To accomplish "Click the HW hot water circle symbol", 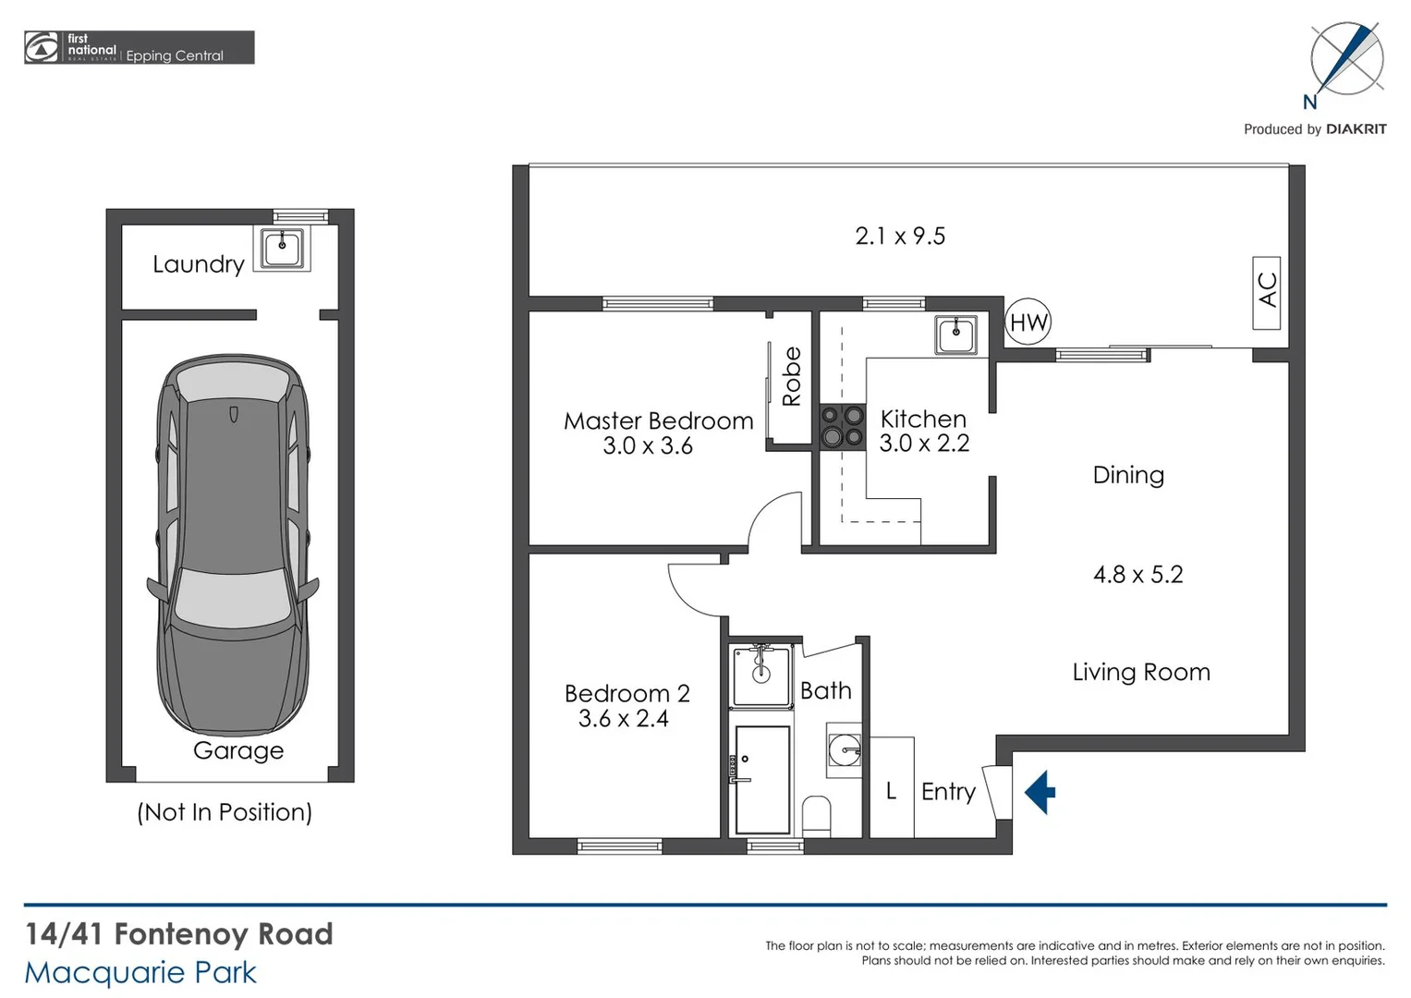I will [x=1028, y=322].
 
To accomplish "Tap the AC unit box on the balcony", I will [x=1266, y=293].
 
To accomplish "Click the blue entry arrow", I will [x=1040, y=793].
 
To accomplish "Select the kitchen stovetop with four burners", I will [x=843, y=427].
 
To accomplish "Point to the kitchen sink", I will [x=955, y=335].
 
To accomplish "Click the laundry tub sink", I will [x=282, y=248].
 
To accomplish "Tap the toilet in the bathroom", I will [x=816, y=816].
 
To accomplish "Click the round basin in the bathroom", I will [x=845, y=749].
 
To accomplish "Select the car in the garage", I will [x=232, y=545].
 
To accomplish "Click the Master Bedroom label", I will [x=658, y=421].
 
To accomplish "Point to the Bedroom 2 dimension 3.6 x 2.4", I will [x=623, y=719].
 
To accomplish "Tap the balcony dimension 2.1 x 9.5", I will [x=899, y=237].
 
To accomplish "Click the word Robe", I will [x=791, y=376].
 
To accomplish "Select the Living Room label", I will [x=1140, y=673].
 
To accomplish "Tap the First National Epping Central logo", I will [x=139, y=48].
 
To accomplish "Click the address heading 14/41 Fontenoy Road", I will [x=178, y=934].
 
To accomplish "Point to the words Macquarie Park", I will [x=140, y=973].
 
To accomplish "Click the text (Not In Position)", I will [x=225, y=812].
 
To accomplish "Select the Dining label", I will [x=1127, y=475].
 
